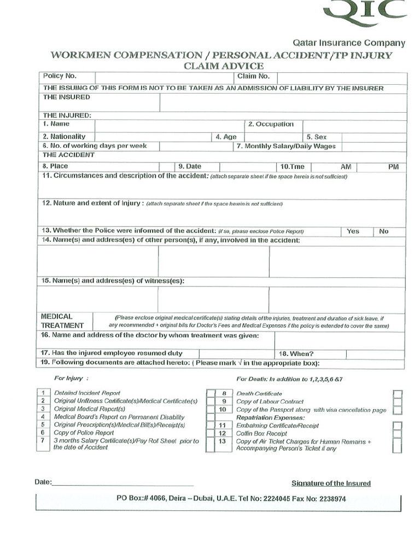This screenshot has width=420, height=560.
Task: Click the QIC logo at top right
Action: [365, 12]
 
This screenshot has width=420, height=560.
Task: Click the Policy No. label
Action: [60, 77]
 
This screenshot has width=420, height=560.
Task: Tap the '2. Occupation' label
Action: [271, 124]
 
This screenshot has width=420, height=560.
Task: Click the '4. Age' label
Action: [226, 137]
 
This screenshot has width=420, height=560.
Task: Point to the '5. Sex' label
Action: [316, 137]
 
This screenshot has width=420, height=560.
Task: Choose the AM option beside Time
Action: [346, 167]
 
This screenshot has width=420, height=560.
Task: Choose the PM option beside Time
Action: [393, 167]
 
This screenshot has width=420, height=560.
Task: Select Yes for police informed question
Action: [353, 231]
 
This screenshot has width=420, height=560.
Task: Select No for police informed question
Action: [383, 231]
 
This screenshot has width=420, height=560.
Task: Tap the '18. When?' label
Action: [296, 353]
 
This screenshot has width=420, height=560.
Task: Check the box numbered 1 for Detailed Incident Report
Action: [42, 393]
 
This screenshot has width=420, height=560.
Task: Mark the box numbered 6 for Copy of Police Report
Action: [42, 432]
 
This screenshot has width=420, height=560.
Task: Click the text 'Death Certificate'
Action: [259, 394]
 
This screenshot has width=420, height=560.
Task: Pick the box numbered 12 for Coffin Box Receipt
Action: [222, 433]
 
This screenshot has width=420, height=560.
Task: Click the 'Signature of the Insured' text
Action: [331, 483]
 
